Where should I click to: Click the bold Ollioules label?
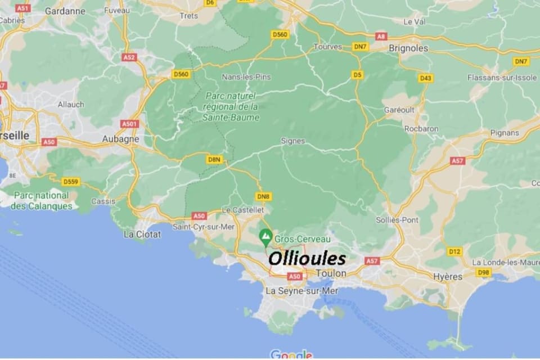pyautogui.click(x=307, y=259)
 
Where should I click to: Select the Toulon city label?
pyautogui.click(x=331, y=273)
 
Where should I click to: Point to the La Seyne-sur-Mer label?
pyautogui.click(x=301, y=291)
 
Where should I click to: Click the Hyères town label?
pyautogui.click(x=448, y=277)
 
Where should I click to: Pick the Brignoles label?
pyautogui.click(x=408, y=48)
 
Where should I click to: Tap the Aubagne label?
pyautogui.click(x=120, y=138)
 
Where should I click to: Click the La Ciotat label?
pyautogui.click(x=142, y=234)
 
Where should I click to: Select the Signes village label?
pyautogui.click(x=292, y=141)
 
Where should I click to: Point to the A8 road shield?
pyautogui.click(x=381, y=37)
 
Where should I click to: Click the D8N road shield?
pyautogui.click(x=214, y=160)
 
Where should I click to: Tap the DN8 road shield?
pyautogui.click(x=263, y=196)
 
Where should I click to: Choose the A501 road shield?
pyautogui.click(x=129, y=124)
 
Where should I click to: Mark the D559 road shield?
pyautogui.click(x=71, y=182)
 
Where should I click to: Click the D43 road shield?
pyautogui.click(x=425, y=78)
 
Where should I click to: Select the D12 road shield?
pyautogui.click(x=454, y=251)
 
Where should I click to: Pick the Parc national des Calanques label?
pyautogui.click(x=42, y=201)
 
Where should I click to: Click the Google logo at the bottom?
pyautogui.click(x=291, y=354)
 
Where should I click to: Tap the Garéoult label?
pyautogui.click(x=397, y=110)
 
